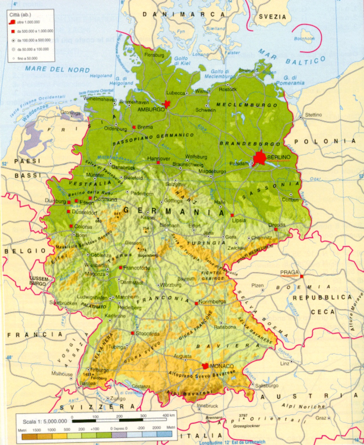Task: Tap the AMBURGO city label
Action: tap(151, 110)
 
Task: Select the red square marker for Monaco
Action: tap(205, 366)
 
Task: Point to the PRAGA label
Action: tap(289, 272)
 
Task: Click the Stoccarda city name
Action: tap(148, 333)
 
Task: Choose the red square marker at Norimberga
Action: tap(196, 303)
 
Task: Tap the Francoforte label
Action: tap(137, 268)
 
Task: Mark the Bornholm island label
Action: tap(304, 39)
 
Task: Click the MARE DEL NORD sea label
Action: tap(57, 69)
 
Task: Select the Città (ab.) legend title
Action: tap(20, 14)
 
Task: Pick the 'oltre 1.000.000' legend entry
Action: tap(28, 22)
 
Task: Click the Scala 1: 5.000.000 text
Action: tap(45, 421)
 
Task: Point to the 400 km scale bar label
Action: tap(168, 415)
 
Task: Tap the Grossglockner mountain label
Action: tap(246, 426)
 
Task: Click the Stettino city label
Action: tap(313, 115)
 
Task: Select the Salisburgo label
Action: tap(266, 386)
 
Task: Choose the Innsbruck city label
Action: tap(207, 406)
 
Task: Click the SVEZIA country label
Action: tap(272, 17)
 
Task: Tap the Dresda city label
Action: tap(277, 225)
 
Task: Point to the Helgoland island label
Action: tap(101, 76)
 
